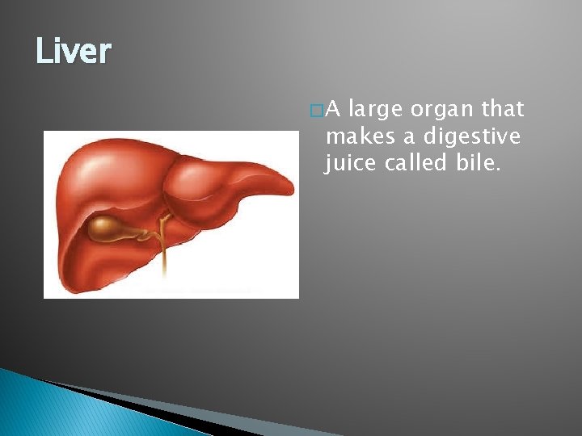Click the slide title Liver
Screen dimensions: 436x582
tap(74, 52)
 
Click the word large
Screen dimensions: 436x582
tap(376, 110)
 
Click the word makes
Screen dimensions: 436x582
tap(355, 136)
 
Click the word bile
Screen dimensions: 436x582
tap(478, 163)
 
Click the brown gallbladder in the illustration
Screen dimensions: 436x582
tap(108, 229)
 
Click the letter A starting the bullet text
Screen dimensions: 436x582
tap(333, 109)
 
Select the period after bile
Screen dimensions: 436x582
tap(500, 170)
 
